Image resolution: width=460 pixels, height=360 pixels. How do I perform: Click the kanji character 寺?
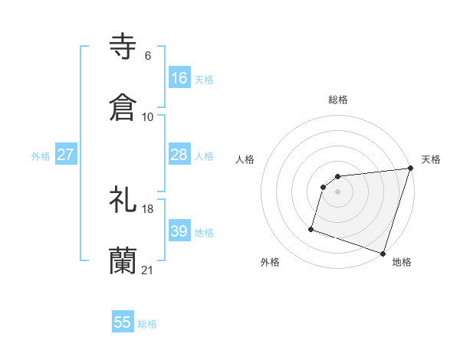pos(123,46)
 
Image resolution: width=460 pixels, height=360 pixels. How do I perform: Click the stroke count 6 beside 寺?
pos(147,55)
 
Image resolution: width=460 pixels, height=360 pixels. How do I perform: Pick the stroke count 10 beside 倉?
pos(148,117)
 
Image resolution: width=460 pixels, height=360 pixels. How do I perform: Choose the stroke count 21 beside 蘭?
pos(148,270)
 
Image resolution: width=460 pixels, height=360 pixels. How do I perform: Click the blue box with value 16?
pos(179,77)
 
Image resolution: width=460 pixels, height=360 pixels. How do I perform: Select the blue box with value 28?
pos(179,155)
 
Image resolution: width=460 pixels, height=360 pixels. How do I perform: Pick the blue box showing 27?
pos(66,155)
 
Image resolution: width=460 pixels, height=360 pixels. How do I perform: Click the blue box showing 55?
pos(123,322)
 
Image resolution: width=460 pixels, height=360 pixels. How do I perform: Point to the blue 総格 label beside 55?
pos(147,324)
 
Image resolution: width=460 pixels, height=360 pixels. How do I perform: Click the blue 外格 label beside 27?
pos(41,156)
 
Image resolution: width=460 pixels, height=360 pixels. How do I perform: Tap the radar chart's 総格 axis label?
pos(338,100)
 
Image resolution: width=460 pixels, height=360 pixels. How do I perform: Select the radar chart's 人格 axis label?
pos(245,160)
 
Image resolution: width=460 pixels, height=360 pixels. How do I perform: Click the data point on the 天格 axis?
pos(411,169)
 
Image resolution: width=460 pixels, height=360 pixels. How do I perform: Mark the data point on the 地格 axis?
pos(383,253)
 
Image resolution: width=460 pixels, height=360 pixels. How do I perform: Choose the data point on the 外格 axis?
pos(311,228)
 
